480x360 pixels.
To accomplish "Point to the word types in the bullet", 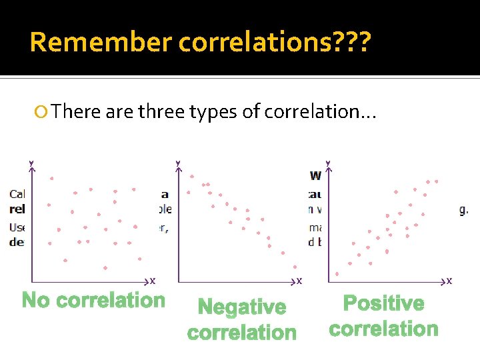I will [x=215, y=112].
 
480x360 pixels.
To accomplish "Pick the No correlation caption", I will [x=93, y=301].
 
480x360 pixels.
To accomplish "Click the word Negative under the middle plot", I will [x=242, y=307].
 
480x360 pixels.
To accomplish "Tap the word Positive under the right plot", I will [x=383, y=304].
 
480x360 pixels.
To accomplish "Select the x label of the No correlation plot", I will [x=153, y=281].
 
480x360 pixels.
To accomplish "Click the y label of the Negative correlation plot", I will [x=177, y=163].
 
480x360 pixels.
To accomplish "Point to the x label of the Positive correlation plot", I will [x=449, y=281].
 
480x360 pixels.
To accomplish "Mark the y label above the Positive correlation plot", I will [x=327, y=163].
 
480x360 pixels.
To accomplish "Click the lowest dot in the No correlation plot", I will [x=106, y=268].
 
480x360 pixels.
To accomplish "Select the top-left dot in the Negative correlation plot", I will [x=192, y=177].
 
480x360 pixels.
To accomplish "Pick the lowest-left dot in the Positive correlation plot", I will [x=337, y=273].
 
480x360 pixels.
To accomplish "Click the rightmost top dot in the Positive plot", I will [x=437, y=181].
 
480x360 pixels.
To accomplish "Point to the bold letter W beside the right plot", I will [x=316, y=176].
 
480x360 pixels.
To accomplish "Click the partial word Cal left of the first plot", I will [x=18, y=194].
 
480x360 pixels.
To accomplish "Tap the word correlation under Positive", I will [x=383, y=329].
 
